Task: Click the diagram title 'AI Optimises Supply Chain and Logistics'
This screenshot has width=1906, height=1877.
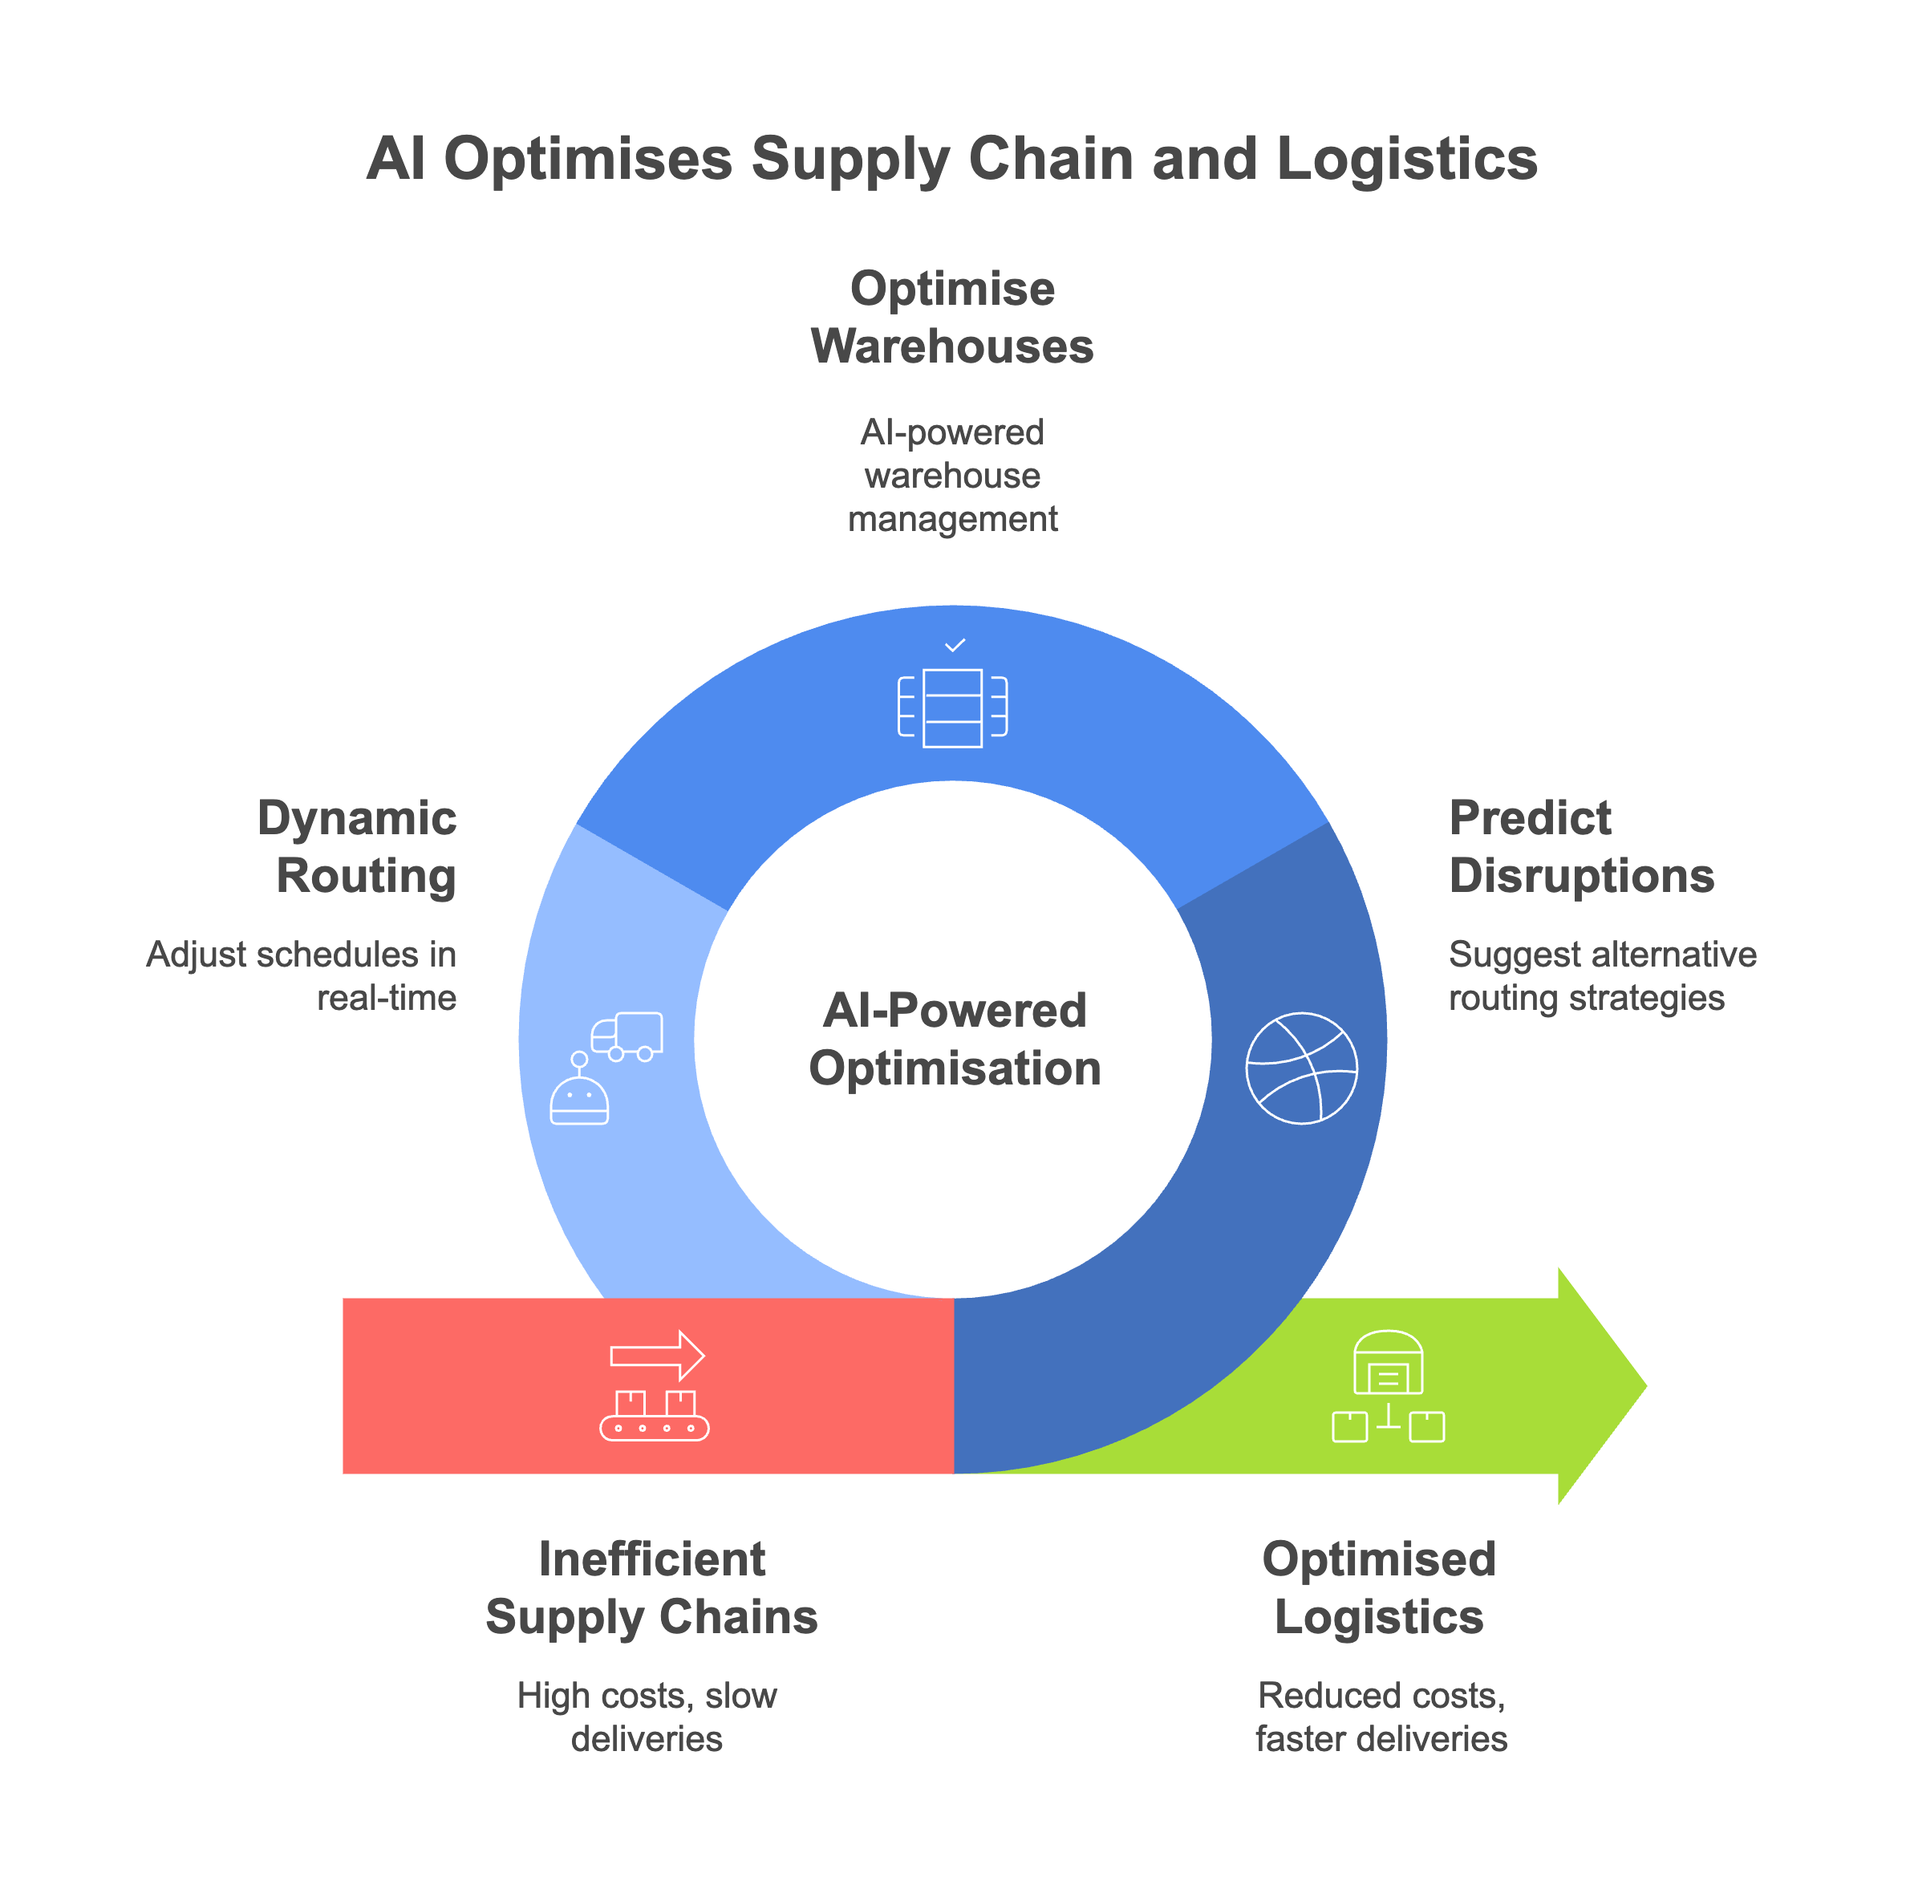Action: (x=951, y=159)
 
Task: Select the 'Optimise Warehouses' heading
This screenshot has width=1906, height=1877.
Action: (x=951, y=318)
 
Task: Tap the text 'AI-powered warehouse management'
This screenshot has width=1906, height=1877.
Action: (x=951, y=475)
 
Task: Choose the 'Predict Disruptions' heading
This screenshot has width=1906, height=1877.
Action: (x=1580, y=847)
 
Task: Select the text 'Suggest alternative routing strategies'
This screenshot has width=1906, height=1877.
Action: (x=1601, y=976)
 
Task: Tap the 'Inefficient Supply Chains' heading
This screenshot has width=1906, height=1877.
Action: (x=651, y=1588)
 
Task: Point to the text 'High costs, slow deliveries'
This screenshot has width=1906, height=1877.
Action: (x=647, y=1717)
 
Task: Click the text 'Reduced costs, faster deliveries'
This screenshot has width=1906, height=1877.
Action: (x=1381, y=1717)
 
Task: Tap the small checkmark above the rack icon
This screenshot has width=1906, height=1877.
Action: (x=955, y=646)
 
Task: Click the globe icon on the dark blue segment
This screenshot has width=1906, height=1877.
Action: (x=1302, y=1068)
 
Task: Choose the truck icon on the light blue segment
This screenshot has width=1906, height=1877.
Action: (x=627, y=1036)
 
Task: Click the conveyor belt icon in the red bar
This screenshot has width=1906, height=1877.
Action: (x=654, y=1416)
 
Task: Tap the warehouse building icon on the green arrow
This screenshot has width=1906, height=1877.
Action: (x=1387, y=1365)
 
